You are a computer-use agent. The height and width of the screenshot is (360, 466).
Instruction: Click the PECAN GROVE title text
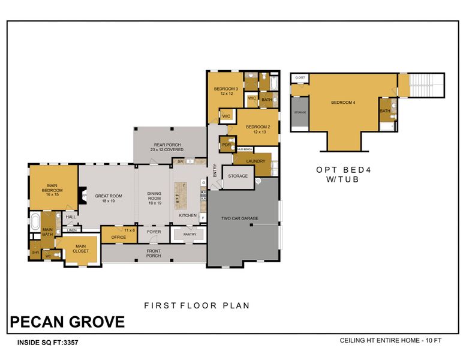pyautogui.click(x=67, y=322)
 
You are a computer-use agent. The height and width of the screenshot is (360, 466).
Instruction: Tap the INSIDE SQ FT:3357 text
pyautogui.click(x=44, y=343)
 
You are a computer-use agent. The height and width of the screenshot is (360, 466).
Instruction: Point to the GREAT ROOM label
pyautogui.click(x=109, y=199)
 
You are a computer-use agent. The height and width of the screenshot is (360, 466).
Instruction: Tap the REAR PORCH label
pyautogui.click(x=168, y=146)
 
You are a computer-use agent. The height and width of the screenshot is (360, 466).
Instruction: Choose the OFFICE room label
pyautogui.click(x=118, y=237)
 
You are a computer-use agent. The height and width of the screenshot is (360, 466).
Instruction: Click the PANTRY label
pyautogui.click(x=190, y=235)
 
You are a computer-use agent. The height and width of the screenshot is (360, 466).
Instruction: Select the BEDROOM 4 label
pyautogui.click(x=343, y=103)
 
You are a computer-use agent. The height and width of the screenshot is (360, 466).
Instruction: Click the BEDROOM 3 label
pyautogui.click(x=226, y=91)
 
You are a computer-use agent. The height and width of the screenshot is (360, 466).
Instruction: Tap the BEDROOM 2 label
pyautogui.click(x=258, y=129)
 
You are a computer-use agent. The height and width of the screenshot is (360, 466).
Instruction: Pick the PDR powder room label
pyautogui.click(x=226, y=145)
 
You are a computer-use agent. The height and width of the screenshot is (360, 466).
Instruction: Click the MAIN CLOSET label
pyautogui.click(x=80, y=248)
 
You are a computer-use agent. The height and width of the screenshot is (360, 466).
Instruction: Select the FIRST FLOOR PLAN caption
pyautogui.click(x=197, y=305)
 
